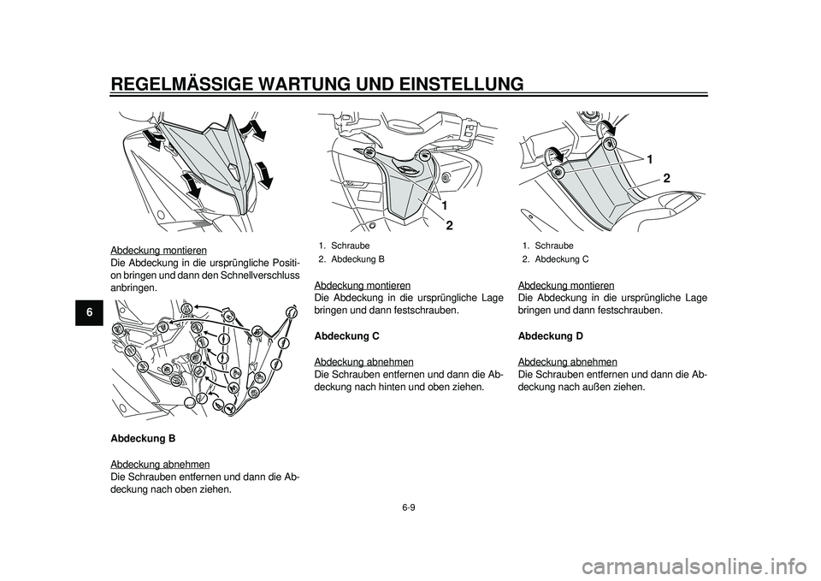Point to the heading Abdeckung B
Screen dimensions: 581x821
click(x=144, y=438)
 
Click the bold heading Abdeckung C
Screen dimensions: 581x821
click(x=347, y=336)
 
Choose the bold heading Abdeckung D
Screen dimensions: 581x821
click(x=551, y=336)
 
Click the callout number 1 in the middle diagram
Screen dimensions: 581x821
click(x=445, y=205)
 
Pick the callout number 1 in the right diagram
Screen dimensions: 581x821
click(x=650, y=160)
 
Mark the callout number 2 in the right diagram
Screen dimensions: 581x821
click(x=664, y=177)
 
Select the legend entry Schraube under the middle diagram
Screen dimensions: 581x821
click(x=351, y=245)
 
